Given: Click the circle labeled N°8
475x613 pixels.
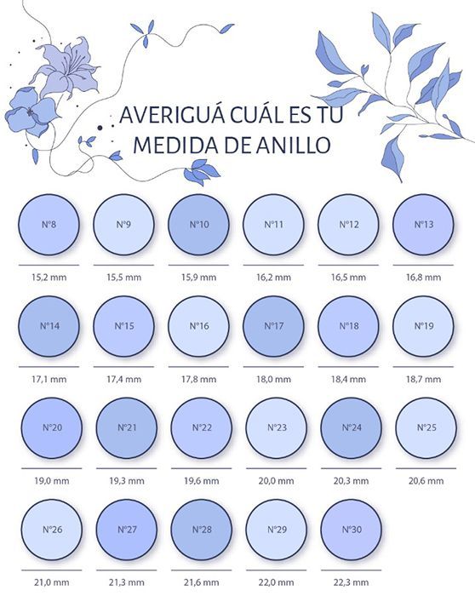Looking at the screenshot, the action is (x=49, y=225).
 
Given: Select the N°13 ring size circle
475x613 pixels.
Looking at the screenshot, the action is (x=423, y=225).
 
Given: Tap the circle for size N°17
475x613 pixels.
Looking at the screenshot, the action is (x=273, y=326).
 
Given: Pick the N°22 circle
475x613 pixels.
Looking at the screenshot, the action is (x=202, y=428).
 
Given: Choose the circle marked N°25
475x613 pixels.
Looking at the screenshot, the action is (x=426, y=428).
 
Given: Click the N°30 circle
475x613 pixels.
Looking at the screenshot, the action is (x=352, y=530).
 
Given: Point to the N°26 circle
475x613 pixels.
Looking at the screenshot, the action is (x=52, y=530).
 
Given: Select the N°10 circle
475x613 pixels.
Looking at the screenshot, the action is (x=198, y=225).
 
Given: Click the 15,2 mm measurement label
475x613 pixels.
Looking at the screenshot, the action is (x=49, y=278).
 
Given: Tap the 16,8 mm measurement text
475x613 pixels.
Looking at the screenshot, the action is (x=423, y=278).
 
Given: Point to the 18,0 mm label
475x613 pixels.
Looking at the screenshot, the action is (x=273, y=379).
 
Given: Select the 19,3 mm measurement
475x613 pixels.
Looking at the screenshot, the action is (x=127, y=481).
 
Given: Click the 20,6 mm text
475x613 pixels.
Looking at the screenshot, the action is (x=426, y=481).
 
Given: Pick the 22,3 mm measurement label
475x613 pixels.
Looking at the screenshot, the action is (x=351, y=582).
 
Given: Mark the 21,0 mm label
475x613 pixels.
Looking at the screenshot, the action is (x=52, y=582).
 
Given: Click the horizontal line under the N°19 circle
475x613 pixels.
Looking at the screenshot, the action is (x=423, y=367).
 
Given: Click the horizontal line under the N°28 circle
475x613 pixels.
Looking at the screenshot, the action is (x=202, y=570).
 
